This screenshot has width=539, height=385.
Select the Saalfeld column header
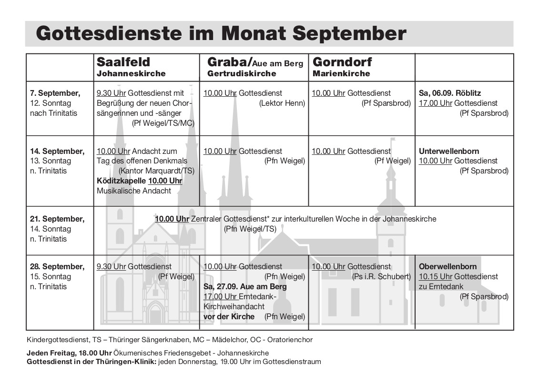pos(123,62)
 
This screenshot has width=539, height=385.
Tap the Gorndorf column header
pos(342,62)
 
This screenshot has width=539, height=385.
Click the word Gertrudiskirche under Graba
pos(242,74)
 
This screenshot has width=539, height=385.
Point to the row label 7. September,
pos(55,93)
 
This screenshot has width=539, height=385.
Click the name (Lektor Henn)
pos(282,103)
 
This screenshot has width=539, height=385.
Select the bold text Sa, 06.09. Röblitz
pos(453,93)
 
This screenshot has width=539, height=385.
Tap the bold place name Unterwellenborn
pos(449,151)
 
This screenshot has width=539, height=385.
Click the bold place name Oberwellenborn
pos(447,266)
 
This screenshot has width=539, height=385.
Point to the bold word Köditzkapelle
pos(121,181)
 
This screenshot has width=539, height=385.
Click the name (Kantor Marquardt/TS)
pos(156,171)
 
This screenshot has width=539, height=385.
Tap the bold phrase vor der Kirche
pos(229,317)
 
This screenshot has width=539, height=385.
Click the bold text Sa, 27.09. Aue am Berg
pos(245,287)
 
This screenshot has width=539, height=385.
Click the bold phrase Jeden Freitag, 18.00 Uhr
pos(69,353)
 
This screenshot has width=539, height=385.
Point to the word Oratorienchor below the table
pos(290,340)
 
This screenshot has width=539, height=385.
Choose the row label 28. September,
pos(57,266)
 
